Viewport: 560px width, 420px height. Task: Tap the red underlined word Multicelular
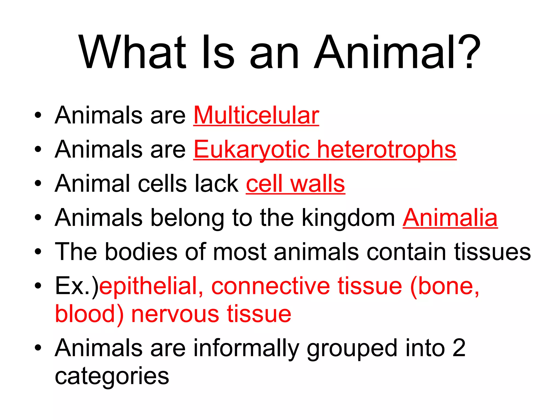pyautogui.click(x=256, y=115)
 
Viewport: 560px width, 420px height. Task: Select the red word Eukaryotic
pyautogui.click(x=252, y=150)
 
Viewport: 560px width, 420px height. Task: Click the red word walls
pyautogui.click(x=317, y=184)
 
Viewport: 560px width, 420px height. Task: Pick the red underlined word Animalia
pyautogui.click(x=450, y=218)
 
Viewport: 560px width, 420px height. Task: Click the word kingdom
pyautogui.click(x=349, y=218)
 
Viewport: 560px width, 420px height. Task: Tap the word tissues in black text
pyautogui.click(x=492, y=252)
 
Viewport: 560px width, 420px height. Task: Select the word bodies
pyautogui.click(x=141, y=252)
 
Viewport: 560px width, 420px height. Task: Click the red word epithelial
pyautogui.click(x=151, y=286)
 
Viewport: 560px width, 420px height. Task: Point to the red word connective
pyautogui.click(x=271, y=286)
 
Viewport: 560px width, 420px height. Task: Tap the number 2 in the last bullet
pyautogui.click(x=459, y=348)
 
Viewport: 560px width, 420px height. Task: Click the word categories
pyautogui.click(x=112, y=376)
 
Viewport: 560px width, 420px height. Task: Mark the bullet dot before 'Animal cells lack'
pyautogui.click(x=38, y=184)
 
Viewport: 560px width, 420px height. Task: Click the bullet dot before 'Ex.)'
pyautogui.click(x=38, y=286)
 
